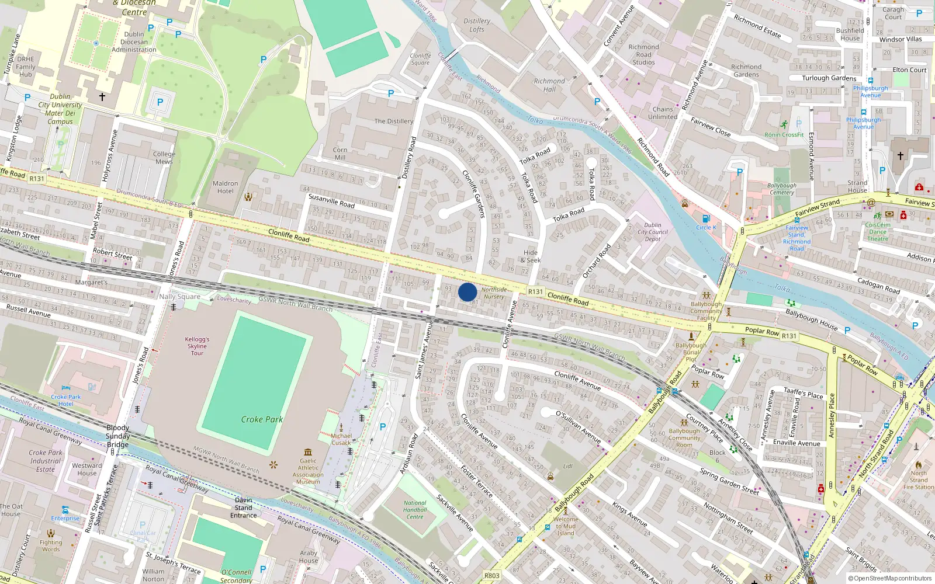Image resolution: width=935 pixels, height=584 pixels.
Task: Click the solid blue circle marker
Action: click(x=467, y=292)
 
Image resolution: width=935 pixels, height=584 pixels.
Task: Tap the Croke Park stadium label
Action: click(x=262, y=419)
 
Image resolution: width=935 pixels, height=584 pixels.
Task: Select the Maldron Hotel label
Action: click(x=226, y=187)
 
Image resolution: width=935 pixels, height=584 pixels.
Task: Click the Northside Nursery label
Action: click(x=494, y=293)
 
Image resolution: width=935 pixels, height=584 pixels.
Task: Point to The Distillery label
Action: click(x=393, y=121)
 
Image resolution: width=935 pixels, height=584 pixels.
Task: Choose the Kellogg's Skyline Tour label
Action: click(x=198, y=346)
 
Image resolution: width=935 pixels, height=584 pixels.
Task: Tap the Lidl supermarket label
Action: click(x=568, y=466)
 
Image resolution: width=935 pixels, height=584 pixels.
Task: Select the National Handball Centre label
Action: click(x=415, y=509)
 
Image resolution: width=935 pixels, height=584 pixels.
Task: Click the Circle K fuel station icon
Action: click(x=706, y=219)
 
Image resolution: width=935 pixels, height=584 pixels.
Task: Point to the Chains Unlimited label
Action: click(x=663, y=113)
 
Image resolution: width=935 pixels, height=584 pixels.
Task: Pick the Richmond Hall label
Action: click(x=549, y=85)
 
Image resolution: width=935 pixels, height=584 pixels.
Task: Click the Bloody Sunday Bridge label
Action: click(x=118, y=436)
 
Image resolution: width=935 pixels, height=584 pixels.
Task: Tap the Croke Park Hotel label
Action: click(x=66, y=400)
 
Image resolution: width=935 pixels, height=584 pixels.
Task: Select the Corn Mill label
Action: click(x=340, y=154)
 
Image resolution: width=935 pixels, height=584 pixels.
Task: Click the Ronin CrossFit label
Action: click(x=784, y=135)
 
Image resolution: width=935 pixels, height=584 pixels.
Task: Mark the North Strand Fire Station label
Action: click(x=918, y=480)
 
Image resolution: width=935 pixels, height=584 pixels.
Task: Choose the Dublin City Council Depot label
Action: click(x=653, y=232)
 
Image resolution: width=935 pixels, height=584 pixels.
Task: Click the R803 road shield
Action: click(x=492, y=576)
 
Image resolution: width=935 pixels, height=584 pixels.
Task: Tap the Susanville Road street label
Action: click(x=331, y=201)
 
